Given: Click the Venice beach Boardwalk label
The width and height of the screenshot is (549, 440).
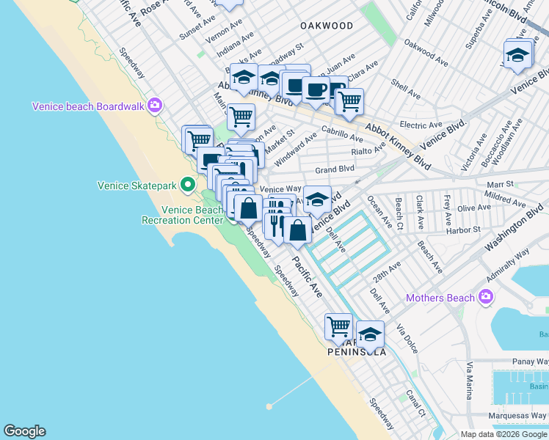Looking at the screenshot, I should tap(88, 106).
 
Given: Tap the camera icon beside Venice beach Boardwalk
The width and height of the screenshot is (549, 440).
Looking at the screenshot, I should tap(155, 106).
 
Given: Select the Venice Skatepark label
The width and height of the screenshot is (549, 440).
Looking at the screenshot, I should tap(137, 186).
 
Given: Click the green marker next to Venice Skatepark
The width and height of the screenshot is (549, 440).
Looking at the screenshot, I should tap(188, 185).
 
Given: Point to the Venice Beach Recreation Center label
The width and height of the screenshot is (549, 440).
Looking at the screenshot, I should tap(181, 215).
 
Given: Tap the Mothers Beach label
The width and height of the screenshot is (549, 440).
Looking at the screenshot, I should tap(440, 298).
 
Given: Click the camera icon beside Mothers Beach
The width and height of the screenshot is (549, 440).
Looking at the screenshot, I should tap(484, 297).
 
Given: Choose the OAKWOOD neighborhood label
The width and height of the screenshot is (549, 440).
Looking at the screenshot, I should tap(327, 26).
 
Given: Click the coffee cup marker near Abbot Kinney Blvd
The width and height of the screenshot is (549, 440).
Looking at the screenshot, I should tap(316, 89).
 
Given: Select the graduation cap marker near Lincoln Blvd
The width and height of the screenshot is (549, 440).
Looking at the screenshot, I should tap(517, 55).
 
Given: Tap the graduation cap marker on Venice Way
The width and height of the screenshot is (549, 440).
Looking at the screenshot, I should tap(317, 199).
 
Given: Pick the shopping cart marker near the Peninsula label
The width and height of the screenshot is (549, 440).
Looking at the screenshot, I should tap(338, 326).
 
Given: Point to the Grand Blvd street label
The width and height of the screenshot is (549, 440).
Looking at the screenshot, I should tap(335, 169).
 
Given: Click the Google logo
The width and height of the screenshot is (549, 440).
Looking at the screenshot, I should tap(25, 431).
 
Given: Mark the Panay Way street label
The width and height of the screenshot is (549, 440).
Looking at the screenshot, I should tap(531, 362).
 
